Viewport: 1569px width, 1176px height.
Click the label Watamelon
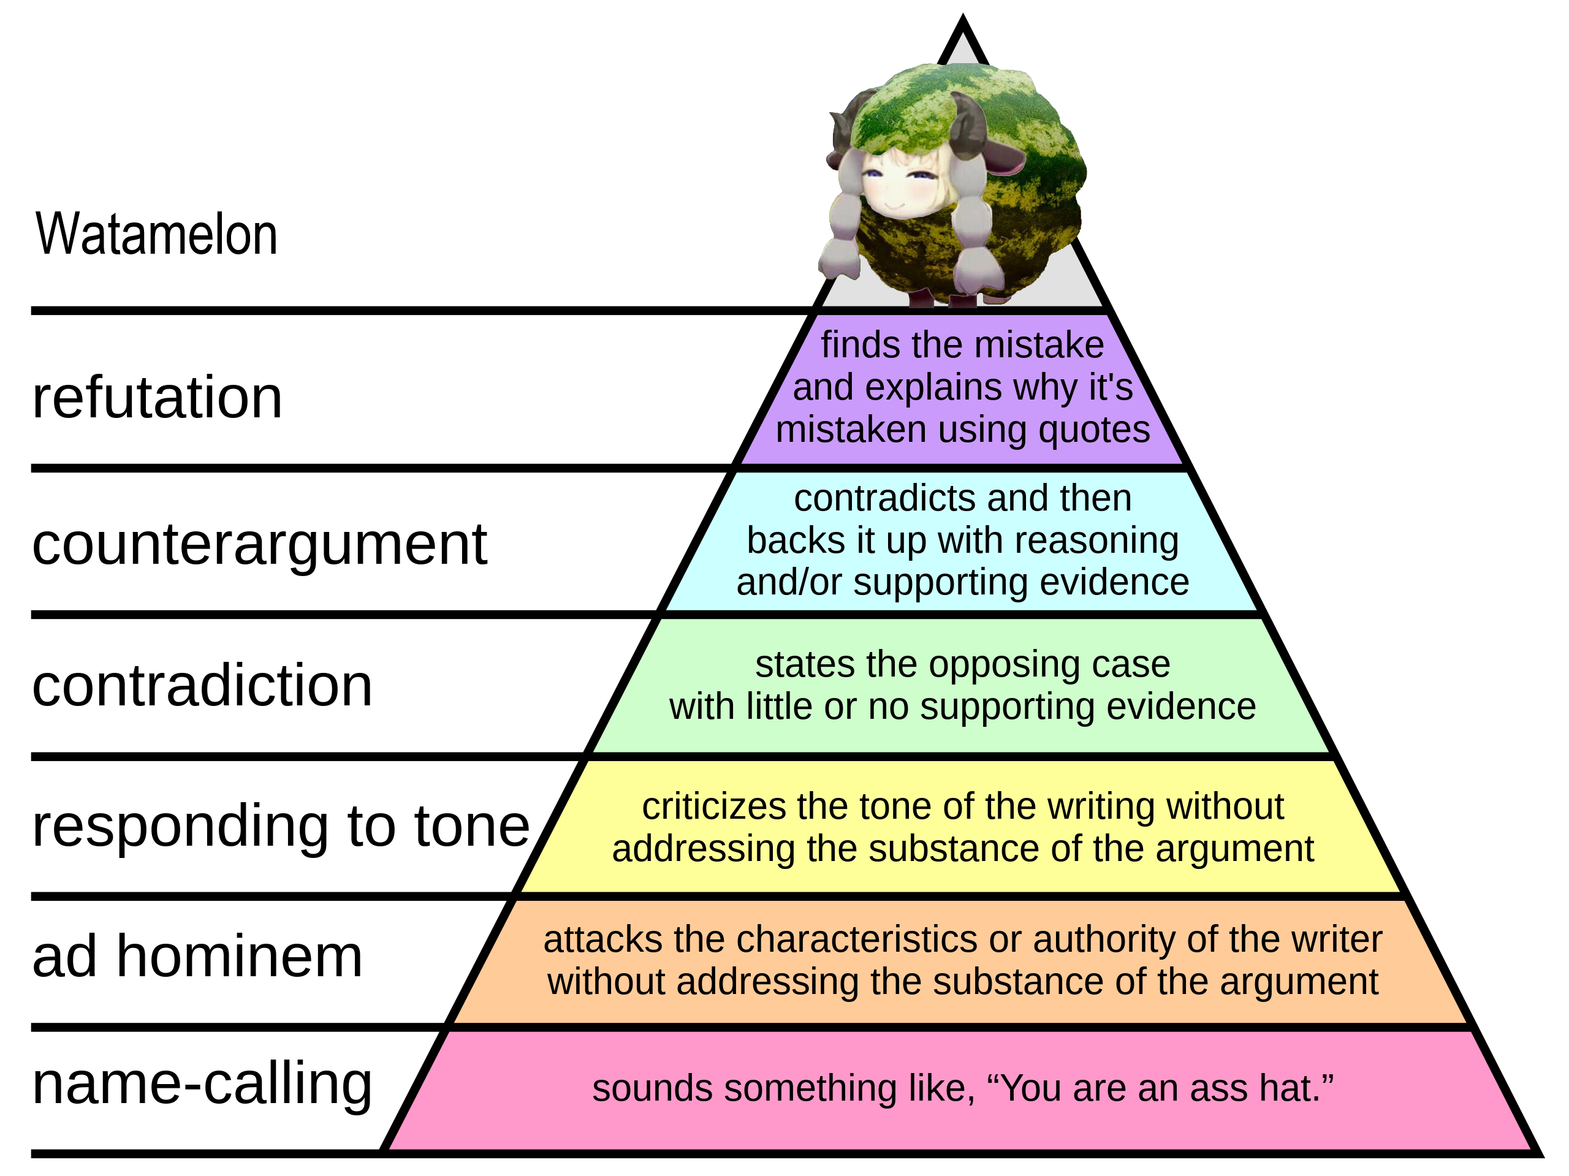156,234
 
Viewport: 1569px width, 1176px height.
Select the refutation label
157,397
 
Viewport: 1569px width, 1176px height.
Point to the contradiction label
202,685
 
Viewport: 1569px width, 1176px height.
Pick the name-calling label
202,1086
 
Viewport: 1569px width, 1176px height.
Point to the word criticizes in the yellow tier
715,806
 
